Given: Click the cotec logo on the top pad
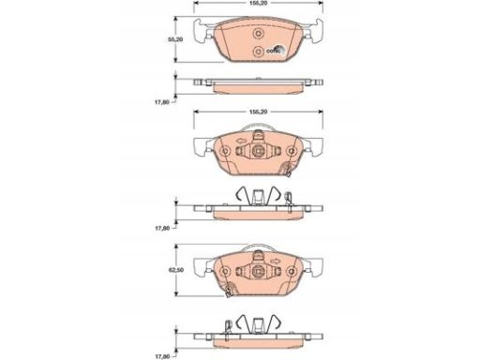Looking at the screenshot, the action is click(x=276, y=50).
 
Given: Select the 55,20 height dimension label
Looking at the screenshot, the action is click(x=175, y=39).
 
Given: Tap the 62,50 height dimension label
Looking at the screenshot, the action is click(x=175, y=270).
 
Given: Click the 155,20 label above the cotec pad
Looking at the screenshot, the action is click(x=258, y=3).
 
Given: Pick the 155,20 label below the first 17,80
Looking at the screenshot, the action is click(x=258, y=112).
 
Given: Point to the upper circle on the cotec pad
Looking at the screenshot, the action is click(x=258, y=34).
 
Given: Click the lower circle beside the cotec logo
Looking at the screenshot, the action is click(x=258, y=52).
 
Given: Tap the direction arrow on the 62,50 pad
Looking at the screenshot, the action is click(x=276, y=261).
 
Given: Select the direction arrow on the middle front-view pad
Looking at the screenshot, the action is click(x=241, y=142).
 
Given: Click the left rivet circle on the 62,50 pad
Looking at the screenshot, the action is click(x=225, y=271).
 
